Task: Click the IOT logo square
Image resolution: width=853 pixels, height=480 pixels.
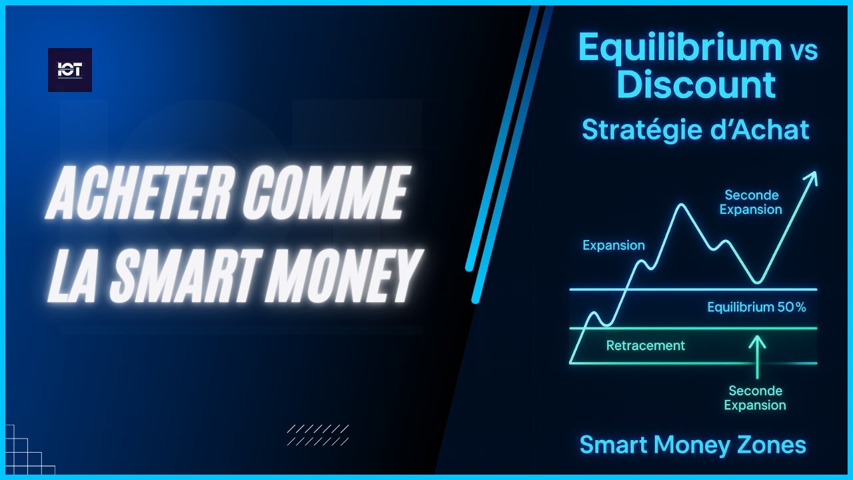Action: [x=70, y=70]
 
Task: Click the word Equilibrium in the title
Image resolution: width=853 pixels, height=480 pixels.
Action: [x=680, y=48]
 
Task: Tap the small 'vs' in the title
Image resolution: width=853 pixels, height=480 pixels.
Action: [x=804, y=51]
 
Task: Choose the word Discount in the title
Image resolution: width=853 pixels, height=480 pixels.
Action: [x=696, y=85]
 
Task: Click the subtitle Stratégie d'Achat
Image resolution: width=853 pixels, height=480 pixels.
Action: [x=696, y=129]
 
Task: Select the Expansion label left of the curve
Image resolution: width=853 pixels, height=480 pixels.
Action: [x=614, y=245]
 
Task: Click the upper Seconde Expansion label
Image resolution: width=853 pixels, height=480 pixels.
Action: [x=751, y=202]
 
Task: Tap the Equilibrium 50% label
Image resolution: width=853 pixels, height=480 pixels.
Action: [x=756, y=307]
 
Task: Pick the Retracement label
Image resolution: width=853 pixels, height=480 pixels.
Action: [x=645, y=345]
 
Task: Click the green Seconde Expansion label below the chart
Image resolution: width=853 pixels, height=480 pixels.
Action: [x=755, y=398]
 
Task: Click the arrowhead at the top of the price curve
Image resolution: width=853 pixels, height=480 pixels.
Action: [x=812, y=177]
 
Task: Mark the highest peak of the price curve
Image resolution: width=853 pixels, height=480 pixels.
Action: [x=680, y=205]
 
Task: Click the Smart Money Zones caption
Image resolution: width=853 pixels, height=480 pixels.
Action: [x=693, y=445]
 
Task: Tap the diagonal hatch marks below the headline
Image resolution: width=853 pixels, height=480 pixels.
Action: [x=318, y=435]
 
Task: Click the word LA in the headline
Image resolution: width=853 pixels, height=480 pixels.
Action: [x=74, y=271]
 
